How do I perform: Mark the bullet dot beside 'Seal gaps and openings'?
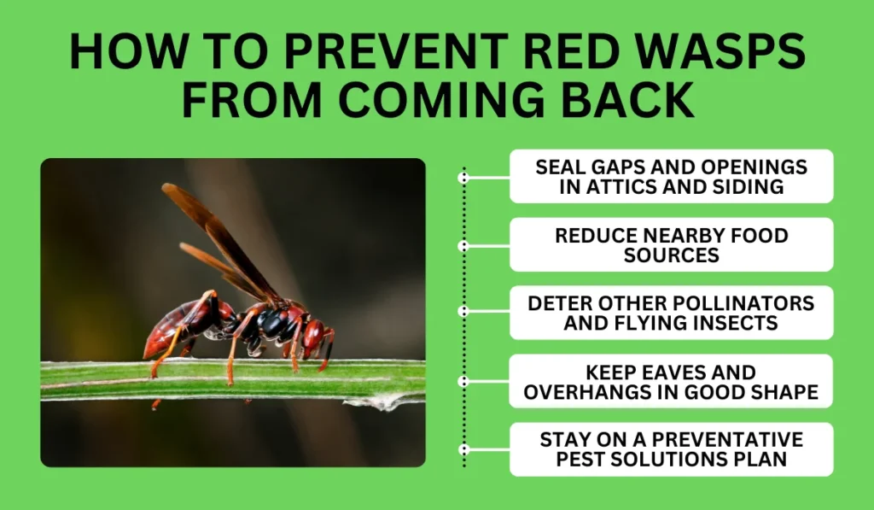point(463,178)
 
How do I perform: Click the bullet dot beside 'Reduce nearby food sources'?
point(463,246)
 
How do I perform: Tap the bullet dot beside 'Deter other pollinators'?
point(463,313)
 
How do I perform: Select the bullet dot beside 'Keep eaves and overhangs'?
point(463,381)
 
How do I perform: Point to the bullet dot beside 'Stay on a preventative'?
point(463,448)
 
